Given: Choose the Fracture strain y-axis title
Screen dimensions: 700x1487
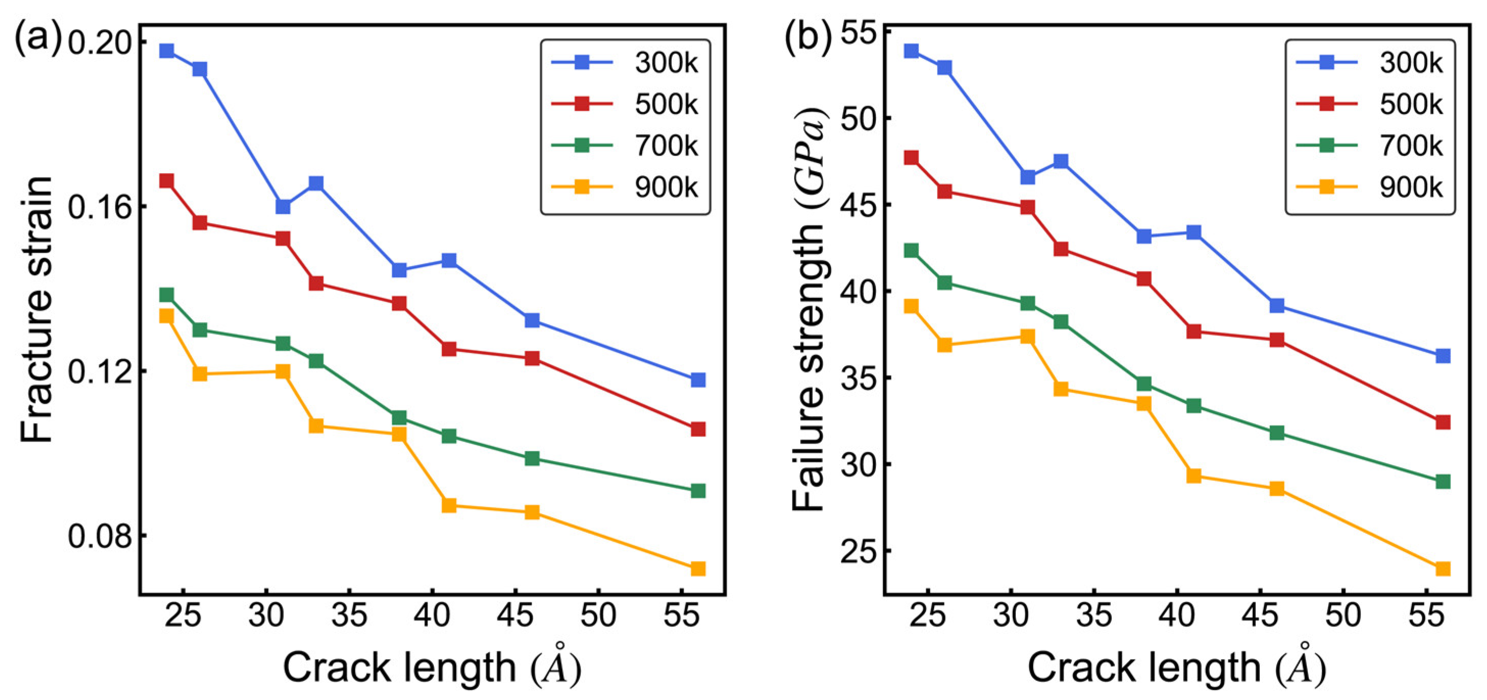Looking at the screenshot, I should (36, 309).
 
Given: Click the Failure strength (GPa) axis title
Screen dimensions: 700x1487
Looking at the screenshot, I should (809, 309).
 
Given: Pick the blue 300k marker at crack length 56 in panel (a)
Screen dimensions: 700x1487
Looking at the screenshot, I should (698, 379).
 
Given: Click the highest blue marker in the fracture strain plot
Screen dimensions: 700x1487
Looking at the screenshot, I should (167, 51).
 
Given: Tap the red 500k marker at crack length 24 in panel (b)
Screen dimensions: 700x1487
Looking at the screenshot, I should (911, 158).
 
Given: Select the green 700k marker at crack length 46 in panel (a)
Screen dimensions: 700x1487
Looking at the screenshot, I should (531, 458).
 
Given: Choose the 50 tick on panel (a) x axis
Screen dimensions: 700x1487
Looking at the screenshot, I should (598, 615).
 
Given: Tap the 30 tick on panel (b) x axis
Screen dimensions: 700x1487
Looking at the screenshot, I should (1011, 615).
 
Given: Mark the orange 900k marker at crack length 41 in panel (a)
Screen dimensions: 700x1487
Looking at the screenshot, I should (449, 505).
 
